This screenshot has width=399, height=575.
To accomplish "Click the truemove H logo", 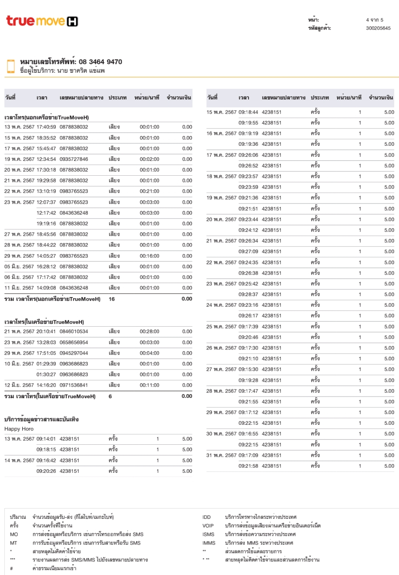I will [x=42, y=21].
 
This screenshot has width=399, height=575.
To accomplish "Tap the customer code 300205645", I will [x=378, y=28].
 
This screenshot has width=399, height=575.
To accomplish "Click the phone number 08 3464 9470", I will [x=100, y=62].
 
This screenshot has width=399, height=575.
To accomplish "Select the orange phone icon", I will [x=11, y=66].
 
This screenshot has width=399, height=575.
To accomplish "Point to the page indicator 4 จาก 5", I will [x=375, y=20].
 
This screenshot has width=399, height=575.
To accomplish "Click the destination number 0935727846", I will [x=74, y=159].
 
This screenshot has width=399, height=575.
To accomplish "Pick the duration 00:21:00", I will [x=149, y=191].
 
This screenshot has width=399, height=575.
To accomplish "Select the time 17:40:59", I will [x=46, y=127].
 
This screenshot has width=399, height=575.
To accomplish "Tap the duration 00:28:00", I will [x=149, y=331].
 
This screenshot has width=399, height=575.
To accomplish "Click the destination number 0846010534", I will [x=74, y=331].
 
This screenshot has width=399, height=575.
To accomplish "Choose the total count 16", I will [x=112, y=299].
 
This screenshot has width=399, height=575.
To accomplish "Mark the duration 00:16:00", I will [x=149, y=256].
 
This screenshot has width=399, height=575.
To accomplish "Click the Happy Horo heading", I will [x=19, y=429].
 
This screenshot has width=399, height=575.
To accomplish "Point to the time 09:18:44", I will [x=248, y=112].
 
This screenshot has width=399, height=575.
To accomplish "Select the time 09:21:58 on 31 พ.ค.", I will [x=248, y=466].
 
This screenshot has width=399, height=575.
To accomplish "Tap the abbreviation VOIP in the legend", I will [x=208, y=526].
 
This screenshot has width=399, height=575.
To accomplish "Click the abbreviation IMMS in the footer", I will [x=209, y=543].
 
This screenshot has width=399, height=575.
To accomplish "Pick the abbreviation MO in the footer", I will [x=14, y=534].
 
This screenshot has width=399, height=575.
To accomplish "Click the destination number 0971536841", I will [x=74, y=385].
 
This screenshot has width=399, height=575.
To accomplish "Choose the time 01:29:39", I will [x=46, y=364].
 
